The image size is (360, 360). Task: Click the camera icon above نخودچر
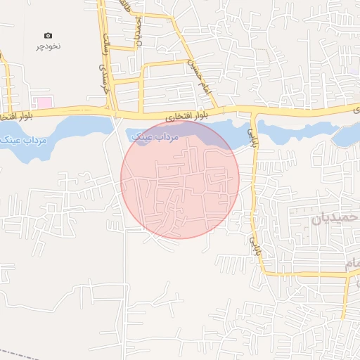(x=48, y=35)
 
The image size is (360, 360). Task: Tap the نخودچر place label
(x=49, y=46)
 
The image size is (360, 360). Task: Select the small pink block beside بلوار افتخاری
(x=44, y=103)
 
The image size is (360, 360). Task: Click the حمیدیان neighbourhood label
(x=330, y=219)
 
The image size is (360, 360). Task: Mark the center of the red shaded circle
(x=180, y=179)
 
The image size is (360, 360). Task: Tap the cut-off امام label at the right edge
(x=352, y=263)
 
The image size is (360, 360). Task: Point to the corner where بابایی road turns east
(x=262, y=272)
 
